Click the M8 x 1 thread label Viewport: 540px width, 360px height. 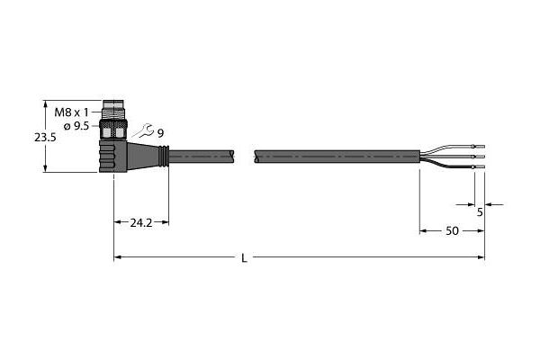pyautogui.click(x=72, y=112)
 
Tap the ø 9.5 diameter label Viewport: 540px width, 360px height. pyautogui.click(x=76, y=126)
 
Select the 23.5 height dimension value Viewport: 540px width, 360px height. pyautogui.click(x=45, y=138)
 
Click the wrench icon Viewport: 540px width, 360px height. pyautogui.click(x=143, y=130)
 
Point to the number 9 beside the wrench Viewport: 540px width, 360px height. pyautogui.click(x=160, y=133)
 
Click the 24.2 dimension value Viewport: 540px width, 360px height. pyautogui.click(x=141, y=223)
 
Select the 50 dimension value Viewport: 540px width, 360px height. pyautogui.click(x=452, y=230)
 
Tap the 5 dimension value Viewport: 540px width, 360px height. pyautogui.click(x=480, y=212)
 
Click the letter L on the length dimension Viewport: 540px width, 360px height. pyautogui.click(x=244, y=257)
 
